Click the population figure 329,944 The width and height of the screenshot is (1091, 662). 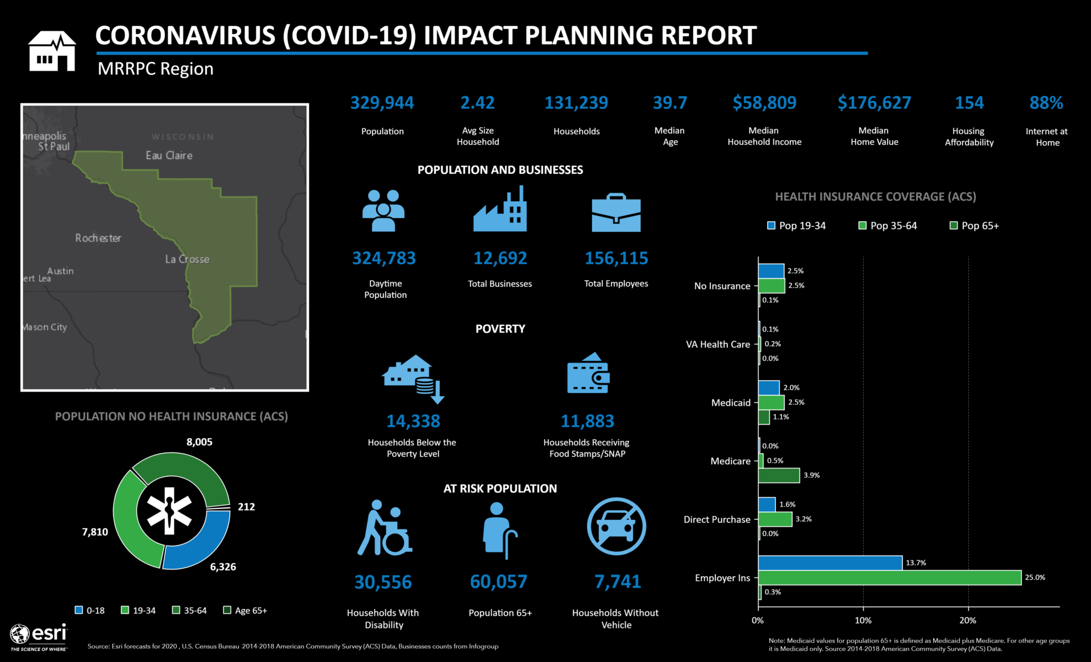(x=382, y=103)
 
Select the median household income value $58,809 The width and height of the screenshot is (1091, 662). (x=764, y=103)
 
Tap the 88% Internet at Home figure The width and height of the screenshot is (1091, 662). (x=1046, y=103)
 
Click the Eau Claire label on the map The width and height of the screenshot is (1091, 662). (x=169, y=155)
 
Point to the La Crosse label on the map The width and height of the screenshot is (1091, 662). (x=187, y=259)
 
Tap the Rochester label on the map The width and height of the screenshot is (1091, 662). (x=98, y=238)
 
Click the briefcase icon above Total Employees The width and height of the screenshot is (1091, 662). (x=616, y=213)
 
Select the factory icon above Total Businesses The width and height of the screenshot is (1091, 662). (x=500, y=210)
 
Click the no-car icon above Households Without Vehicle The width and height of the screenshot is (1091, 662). (x=617, y=526)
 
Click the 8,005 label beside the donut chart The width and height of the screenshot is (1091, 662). (x=199, y=442)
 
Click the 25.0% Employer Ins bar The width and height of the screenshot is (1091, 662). (x=889, y=578)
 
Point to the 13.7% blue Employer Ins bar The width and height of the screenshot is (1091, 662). (x=830, y=563)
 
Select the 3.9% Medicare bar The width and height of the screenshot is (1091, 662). (x=779, y=476)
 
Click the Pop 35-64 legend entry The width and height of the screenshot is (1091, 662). (x=888, y=226)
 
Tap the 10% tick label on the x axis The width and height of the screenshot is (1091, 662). (x=863, y=621)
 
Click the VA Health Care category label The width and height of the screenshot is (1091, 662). (x=718, y=344)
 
